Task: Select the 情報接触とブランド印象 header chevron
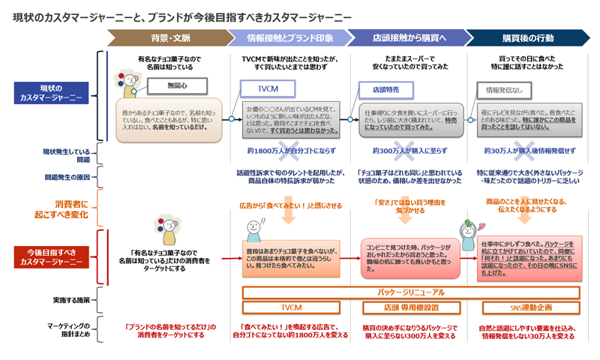click(289, 37)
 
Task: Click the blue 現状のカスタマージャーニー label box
click(52, 93)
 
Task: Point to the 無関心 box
click(178, 86)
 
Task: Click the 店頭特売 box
click(385, 90)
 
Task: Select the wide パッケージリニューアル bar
click(411, 292)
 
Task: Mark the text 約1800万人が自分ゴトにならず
click(289, 151)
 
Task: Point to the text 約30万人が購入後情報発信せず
click(529, 151)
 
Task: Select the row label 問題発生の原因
click(67, 177)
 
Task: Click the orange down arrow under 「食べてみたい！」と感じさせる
click(288, 216)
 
